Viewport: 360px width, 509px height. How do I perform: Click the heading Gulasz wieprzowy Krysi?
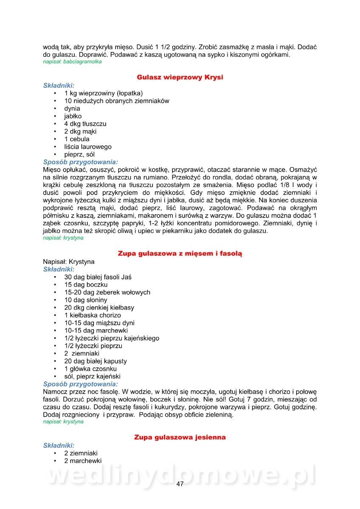coord(180,77)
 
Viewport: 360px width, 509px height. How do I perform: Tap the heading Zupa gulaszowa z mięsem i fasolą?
coord(180,254)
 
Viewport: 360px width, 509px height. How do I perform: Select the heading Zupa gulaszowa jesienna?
coord(180,437)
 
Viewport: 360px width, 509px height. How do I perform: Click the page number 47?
coord(180,484)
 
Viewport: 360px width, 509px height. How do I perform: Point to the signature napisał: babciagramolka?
coord(72,62)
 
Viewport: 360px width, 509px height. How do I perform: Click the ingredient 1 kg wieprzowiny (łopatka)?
coord(104,93)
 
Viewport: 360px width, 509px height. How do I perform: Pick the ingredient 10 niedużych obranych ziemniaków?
coord(117,101)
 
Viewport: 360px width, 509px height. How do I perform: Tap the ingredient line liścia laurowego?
coord(88,147)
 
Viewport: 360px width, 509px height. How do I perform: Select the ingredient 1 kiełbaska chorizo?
coord(93,315)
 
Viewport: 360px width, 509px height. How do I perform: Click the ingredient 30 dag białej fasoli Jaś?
coord(98,277)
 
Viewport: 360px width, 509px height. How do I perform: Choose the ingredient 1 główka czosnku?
coord(90,369)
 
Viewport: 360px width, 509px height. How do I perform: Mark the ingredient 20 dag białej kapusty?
coord(96,361)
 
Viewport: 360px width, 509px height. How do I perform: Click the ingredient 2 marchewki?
coord(83,461)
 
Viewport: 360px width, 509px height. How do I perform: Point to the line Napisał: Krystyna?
coord(69,262)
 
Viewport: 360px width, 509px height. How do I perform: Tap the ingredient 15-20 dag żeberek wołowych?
coord(107,292)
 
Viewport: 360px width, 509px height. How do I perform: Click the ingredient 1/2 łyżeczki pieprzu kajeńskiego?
coord(112,338)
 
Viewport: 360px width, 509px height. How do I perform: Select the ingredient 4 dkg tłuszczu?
coord(85,124)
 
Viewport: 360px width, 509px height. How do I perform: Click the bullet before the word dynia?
coord(55,109)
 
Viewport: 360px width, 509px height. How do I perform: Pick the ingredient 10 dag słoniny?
coord(86,300)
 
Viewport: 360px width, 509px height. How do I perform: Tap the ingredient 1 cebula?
coord(77,139)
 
